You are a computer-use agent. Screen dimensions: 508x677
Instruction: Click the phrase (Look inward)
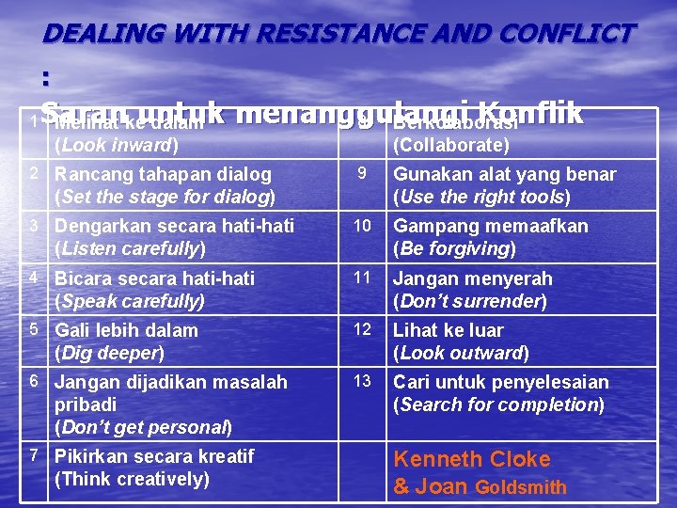(x=116, y=145)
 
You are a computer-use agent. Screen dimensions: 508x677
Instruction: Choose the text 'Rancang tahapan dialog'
(x=163, y=174)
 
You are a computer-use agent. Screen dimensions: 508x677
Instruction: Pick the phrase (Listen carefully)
(x=130, y=249)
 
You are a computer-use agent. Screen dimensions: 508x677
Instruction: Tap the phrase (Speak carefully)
(x=130, y=301)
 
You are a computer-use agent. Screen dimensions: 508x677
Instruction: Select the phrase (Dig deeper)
(x=109, y=353)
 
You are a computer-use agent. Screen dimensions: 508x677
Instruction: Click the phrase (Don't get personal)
(x=143, y=427)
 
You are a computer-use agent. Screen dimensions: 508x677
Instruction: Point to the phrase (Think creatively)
(x=132, y=479)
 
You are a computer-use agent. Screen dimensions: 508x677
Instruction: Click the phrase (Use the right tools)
(x=481, y=198)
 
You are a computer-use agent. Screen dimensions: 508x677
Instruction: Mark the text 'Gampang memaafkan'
(x=490, y=227)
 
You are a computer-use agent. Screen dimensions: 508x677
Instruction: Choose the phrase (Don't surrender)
(x=469, y=301)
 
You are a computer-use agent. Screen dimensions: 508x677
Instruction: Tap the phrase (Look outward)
(x=461, y=353)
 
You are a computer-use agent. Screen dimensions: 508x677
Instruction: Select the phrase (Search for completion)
(x=498, y=405)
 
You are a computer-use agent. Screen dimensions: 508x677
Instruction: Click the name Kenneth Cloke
(x=471, y=459)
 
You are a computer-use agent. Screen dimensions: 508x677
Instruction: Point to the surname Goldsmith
(x=522, y=487)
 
